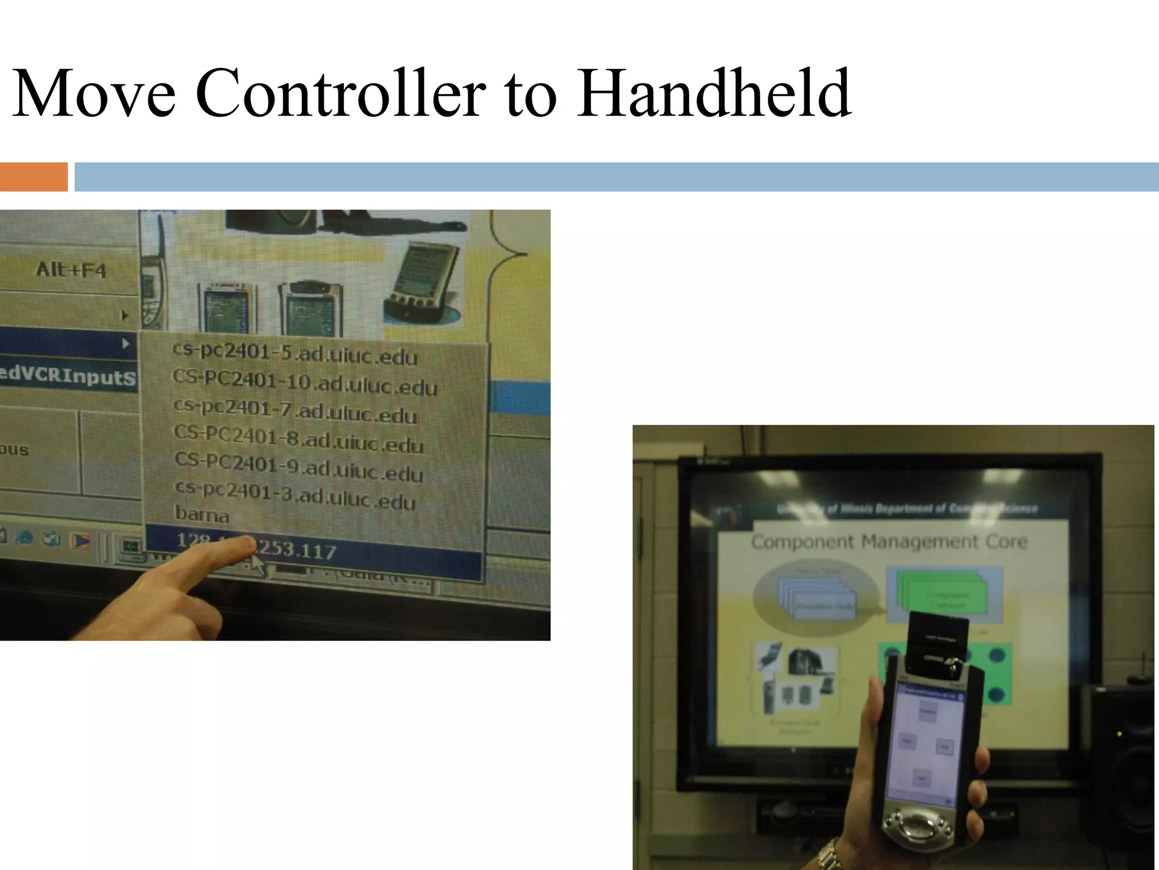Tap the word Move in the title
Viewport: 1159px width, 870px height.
click(94, 93)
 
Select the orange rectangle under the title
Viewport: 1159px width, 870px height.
click(33, 177)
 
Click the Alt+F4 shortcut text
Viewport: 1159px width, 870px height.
click(71, 270)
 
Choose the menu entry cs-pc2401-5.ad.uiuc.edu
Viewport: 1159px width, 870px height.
click(295, 354)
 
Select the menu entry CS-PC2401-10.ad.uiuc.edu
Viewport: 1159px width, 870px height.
click(305, 383)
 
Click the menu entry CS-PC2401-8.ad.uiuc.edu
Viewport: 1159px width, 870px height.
click(298, 440)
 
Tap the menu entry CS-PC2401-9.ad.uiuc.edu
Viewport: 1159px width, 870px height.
click(298, 468)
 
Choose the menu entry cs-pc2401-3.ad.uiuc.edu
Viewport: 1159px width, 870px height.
click(295, 496)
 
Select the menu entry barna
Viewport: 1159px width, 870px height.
click(202, 515)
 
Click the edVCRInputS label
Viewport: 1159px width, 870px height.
click(68, 376)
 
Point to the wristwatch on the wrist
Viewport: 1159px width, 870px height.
click(830, 856)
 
